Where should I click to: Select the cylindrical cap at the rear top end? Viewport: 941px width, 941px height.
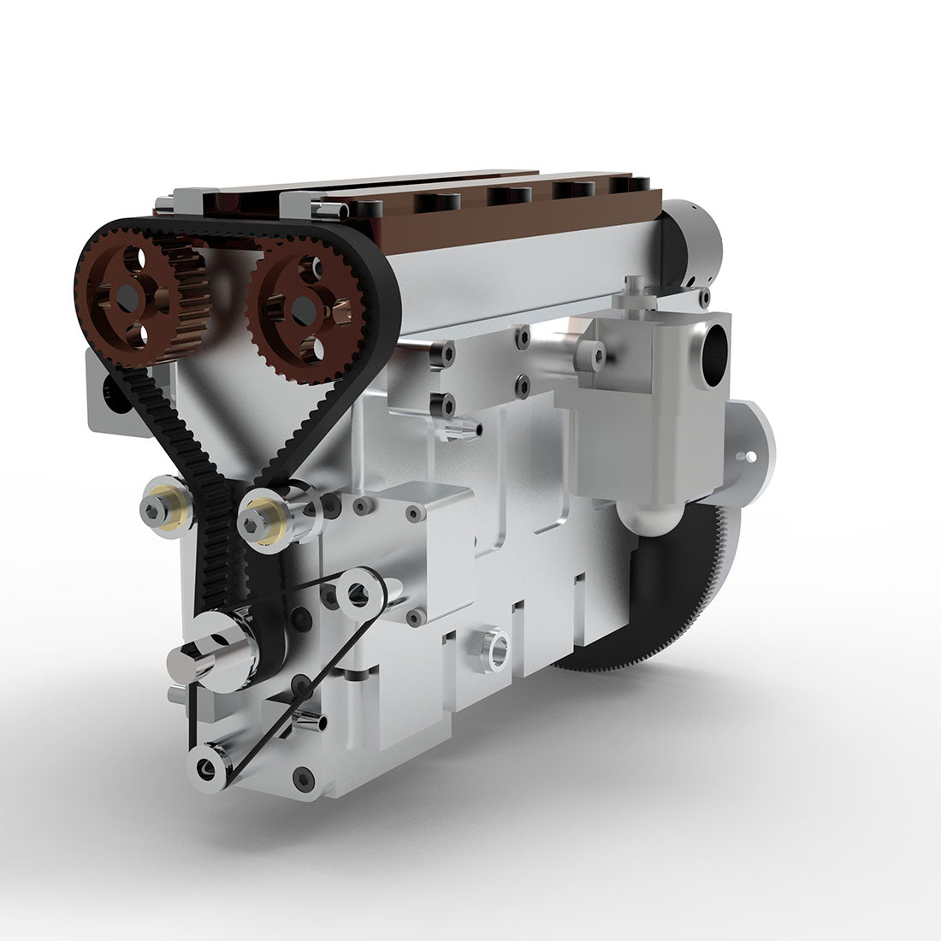693,243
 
